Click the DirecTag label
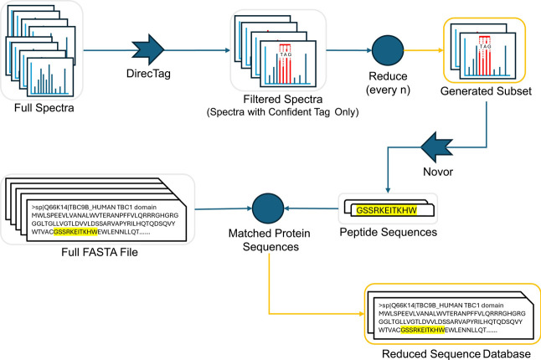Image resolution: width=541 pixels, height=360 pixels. pyautogui.click(x=148, y=74)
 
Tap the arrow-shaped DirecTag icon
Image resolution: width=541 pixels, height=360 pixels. pyautogui.click(x=147, y=49)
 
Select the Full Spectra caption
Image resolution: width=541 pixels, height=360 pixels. pyautogui.click(x=44, y=108)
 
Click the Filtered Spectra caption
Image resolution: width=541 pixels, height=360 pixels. pyautogui.click(x=283, y=100)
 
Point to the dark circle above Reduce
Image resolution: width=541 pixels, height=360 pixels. pyautogui.click(x=388, y=50)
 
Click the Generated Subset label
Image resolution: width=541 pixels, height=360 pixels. pyautogui.click(x=486, y=91)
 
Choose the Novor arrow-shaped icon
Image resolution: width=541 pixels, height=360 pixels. pyautogui.click(x=436, y=147)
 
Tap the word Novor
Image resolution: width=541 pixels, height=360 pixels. pyautogui.click(x=438, y=172)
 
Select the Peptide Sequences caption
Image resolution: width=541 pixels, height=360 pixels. pyautogui.click(x=388, y=232)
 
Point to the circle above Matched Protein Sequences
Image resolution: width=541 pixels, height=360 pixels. pyautogui.click(x=268, y=208)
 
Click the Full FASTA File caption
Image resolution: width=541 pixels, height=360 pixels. pyautogui.click(x=100, y=252)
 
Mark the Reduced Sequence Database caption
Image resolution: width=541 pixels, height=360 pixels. pyautogui.click(x=456, y=354)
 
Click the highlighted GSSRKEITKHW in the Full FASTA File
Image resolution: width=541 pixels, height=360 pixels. pyautogui.click(x=75, y=232)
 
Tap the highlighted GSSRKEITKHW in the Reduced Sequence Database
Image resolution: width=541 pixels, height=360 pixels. pyautogui.click(x=422, y=330)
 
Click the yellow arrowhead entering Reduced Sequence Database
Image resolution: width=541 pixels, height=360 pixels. pyautogui.click(x=362, y=314)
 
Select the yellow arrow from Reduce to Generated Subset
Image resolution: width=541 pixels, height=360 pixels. pyautogui.click(x=424, y=50)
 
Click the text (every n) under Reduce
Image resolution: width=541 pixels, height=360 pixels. pyautogui.click(x=388, y=90)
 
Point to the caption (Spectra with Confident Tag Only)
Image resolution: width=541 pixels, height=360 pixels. pyautogui.click(x=282, y=112)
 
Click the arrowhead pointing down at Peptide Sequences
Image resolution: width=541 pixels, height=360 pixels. pyautogui.click(x=388, y=190)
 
